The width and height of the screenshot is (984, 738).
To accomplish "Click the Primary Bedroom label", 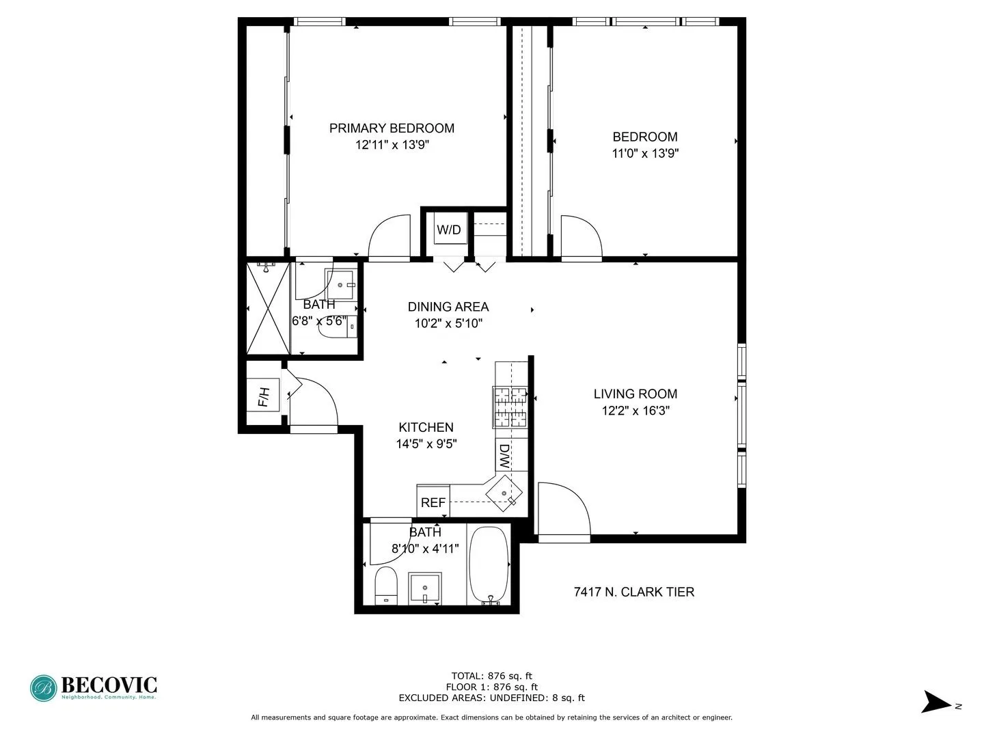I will [392, 128].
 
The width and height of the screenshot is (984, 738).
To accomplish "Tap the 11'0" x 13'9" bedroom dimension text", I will [644, 154].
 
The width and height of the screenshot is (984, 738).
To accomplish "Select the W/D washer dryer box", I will [449, 230].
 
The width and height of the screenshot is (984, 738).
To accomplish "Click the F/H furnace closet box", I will [264, 396].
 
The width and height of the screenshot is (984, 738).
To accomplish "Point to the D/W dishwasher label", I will [504, 456].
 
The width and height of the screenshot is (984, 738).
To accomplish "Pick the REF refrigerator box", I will [433, 502].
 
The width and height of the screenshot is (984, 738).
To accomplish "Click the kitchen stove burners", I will [510, 407].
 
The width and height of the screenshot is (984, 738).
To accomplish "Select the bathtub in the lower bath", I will [489, 564].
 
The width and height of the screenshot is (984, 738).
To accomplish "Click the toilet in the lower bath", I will [386, 586].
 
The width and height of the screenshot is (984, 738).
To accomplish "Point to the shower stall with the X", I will [268, 309].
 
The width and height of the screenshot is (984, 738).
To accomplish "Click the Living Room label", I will [635, 394].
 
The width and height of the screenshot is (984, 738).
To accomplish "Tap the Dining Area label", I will [448, 307].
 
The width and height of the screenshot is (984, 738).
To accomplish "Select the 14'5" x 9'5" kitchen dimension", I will [426, 444].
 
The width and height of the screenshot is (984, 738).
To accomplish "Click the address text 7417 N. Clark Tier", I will [634, 592].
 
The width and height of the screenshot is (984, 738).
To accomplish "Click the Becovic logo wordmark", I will [109, 685].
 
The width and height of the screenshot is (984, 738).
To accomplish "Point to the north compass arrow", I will [936, 703].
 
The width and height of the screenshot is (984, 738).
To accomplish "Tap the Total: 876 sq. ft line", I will [491, 676].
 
